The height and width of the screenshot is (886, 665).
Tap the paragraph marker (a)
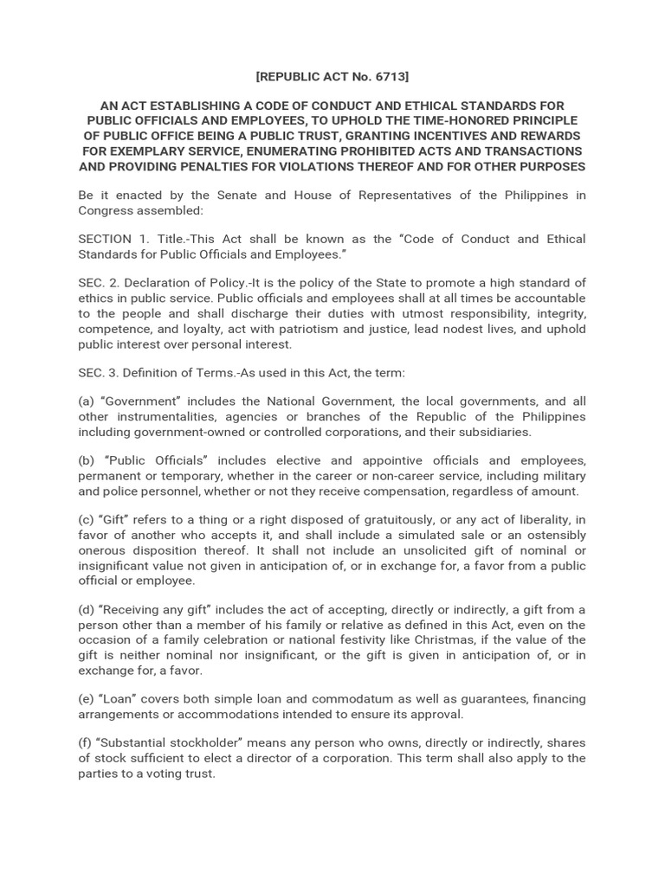(87, 401)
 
